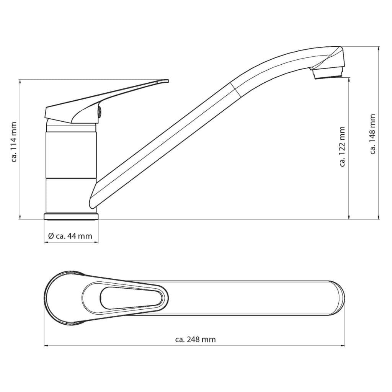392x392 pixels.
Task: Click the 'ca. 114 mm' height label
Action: pyautogui.click(x=14, y=142)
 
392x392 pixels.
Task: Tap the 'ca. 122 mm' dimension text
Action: pyautogui.click(x=342, y=147)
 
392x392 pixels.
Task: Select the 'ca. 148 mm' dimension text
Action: pyautogui.click(x=373, y=134)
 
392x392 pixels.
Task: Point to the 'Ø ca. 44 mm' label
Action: pyautogui.click(x=70, y=236)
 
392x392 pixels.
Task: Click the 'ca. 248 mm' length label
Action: pyautogui.click(x=196, y=339)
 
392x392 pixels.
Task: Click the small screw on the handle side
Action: pyautogui.click(x=99, y=111)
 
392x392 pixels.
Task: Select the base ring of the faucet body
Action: pyautogui.click(x=71, y=217)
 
